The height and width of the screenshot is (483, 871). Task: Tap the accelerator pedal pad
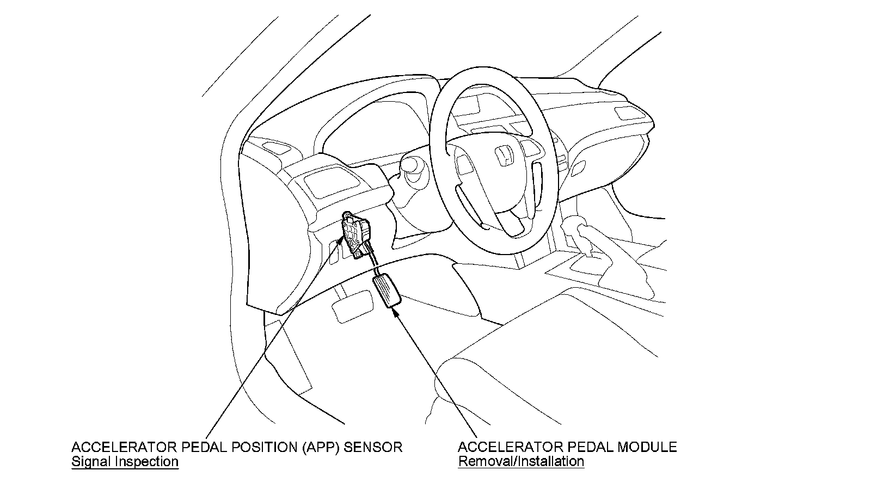pos(387,291)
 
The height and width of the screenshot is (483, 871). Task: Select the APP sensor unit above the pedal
pos(357,235)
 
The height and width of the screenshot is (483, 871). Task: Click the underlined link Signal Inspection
pos(125,462)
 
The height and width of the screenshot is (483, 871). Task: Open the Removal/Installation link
pos(521,462)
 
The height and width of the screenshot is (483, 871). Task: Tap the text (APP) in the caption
pos(309,447)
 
